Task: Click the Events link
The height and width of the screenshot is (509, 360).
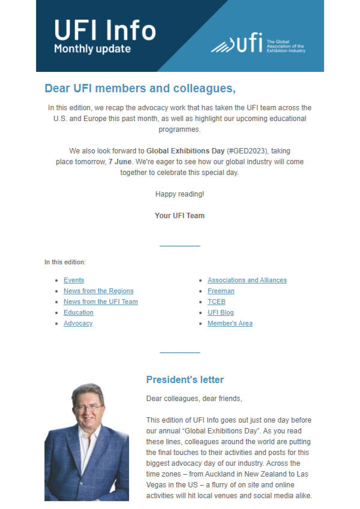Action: click(74, 280)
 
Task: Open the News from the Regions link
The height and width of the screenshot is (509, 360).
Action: click(98, 291)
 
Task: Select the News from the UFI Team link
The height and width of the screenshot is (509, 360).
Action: click(101, 302)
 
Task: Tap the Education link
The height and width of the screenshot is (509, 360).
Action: click(79, 312)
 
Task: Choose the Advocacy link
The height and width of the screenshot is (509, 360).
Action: click(78, 323)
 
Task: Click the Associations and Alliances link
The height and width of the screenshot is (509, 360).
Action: click(247, 280)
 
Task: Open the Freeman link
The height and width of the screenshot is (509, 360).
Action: click(221, 291)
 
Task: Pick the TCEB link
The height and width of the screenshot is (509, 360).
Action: click(217, 302)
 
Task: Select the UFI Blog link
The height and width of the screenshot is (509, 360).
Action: click(221, 312)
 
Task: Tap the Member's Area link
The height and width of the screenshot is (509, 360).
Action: click(230, 323)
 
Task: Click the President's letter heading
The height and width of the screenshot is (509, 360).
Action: click(185, 380)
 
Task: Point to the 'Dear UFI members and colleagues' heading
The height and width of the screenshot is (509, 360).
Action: click(140, 89)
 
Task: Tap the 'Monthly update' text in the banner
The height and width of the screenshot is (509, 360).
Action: click(92, 49)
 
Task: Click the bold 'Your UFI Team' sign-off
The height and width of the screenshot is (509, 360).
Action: click(179, 216)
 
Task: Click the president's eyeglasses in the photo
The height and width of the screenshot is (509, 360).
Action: click(89, 407)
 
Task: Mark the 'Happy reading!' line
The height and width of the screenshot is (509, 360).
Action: click(179, 194)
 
